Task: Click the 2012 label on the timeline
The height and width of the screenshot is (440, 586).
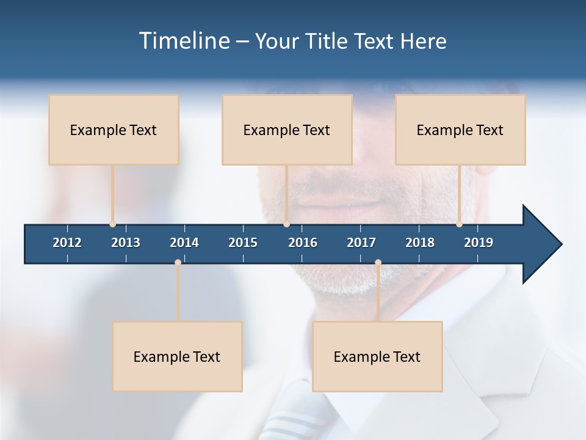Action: click(67, 243)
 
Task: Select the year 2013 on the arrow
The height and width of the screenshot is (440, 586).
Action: click(126, 243)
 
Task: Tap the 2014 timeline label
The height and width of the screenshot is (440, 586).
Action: click(184, 243)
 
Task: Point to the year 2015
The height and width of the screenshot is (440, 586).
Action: click(243, 243)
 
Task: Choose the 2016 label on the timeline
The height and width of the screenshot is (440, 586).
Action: click(303, 243)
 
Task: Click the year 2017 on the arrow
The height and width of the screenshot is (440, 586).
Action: click(361, 243)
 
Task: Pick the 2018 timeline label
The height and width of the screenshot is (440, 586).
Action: click(420, 243)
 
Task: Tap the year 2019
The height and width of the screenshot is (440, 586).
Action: click(479, 243)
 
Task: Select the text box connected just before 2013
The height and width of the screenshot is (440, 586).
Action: click(114, 130)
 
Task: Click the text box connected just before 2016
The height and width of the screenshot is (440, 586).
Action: click(287, 130)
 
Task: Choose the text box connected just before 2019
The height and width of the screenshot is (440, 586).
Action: click(460, 130)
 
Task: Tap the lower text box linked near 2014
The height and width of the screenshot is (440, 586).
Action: click(177, 356)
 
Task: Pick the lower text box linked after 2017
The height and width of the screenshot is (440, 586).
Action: click(377, 356)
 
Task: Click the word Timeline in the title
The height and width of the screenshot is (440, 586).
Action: click(183, 41)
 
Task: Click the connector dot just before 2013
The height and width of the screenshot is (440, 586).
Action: click(112, 224)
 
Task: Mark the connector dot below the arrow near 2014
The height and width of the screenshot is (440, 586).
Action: click(178, 263)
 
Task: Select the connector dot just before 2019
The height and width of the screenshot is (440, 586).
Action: click(459, 224)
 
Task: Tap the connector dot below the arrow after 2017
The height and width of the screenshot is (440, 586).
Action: click(378, 263)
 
